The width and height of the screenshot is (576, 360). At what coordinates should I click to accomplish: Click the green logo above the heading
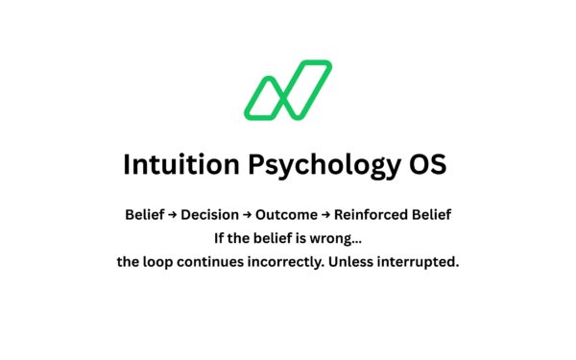288,90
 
